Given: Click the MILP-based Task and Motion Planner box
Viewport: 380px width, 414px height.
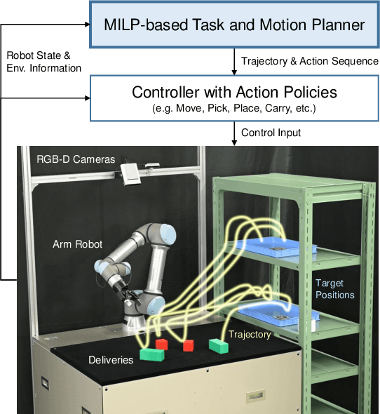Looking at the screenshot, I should pyautogui.click(x=234, y=25).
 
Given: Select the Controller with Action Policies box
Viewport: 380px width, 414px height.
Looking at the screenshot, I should pyautogui.click(x=234, y=98).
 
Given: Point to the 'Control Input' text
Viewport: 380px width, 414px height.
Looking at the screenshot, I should pyautogui.click(x=272, y=132).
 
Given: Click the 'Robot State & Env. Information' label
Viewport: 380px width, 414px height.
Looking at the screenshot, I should pyautogui.click(x=44, y=62).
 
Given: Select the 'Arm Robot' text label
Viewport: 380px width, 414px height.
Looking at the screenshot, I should pyautogui.click(x=77, y=244).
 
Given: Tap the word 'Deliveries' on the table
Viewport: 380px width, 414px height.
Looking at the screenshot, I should pyautogui.click(x=110, y=360).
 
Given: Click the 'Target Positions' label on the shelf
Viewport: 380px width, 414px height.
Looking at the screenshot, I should pyautogui.click(x=334, y=288).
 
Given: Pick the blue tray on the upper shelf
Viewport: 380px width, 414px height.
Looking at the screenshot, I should pyautogui.click(x=278, y=246).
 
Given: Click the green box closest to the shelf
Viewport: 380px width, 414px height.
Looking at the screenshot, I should pyautogui.click(x=219, y=345).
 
